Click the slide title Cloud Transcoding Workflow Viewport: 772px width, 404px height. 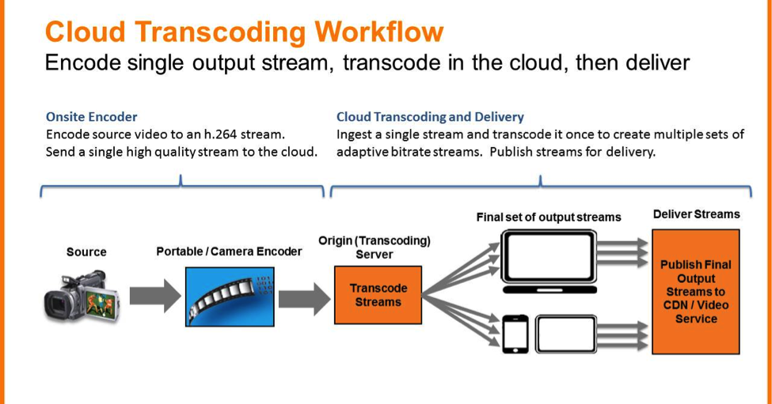(244, 32)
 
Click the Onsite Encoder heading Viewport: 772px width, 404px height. (91, 117)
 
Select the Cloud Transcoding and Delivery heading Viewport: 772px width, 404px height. (430, 117)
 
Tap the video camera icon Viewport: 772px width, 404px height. (82, 295)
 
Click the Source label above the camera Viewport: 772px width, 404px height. (86, 252)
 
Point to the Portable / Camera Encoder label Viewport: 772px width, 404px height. (229, 251)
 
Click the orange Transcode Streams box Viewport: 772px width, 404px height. (378, 295)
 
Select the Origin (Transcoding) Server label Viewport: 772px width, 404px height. (374, 247)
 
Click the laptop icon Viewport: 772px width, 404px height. (550, 262)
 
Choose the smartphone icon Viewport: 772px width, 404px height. (515, 334)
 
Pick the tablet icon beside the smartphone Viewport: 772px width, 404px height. (566, 333)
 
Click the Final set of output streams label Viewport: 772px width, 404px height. (549, 217)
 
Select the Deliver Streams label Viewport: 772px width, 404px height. (696, 214)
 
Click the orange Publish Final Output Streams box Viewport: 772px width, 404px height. (695, 291)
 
